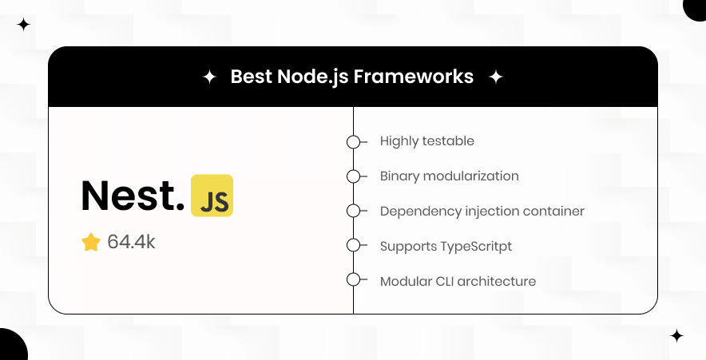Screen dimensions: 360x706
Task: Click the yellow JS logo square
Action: (x=212, y=196)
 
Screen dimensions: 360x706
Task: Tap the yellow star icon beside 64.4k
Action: (x=91, y=242)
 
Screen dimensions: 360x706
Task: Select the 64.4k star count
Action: (x=131, y=242)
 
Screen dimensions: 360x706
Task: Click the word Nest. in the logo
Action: (x=133, y=196)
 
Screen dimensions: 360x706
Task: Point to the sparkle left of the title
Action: (x=209, y=77)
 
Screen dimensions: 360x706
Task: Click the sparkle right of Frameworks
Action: (x=496, y=77)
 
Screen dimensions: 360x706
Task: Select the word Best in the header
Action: (x=250, y=77)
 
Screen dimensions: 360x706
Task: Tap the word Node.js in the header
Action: (x=311, y=77)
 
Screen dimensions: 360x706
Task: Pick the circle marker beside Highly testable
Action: (x=353, y=141)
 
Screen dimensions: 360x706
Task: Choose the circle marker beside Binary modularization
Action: (x=353, y=176)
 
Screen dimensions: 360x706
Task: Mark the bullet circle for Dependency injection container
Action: (x=353, y=212)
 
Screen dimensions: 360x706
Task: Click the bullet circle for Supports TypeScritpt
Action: (x=353, y=246)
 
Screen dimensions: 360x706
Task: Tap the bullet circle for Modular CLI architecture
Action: (x=353, y=280)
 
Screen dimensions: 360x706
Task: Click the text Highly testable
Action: (x=427, y=141)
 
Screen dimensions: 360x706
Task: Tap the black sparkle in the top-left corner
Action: (x=23, y=25)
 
